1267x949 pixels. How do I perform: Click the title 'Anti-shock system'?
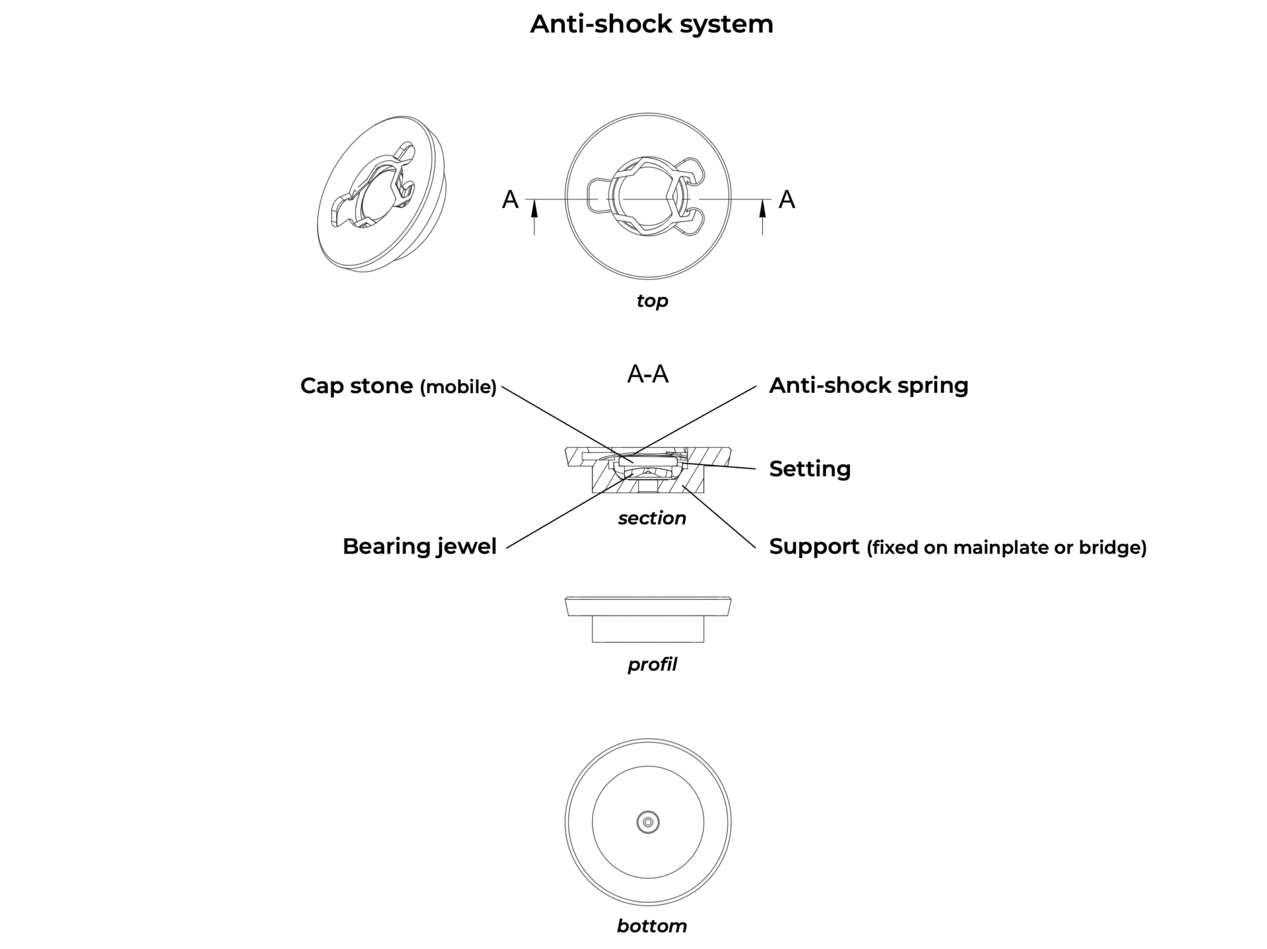click(651, 24)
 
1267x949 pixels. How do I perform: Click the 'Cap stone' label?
click(356, 386)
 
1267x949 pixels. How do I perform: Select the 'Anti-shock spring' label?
click(868, 385)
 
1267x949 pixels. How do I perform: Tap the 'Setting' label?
click(810, 469)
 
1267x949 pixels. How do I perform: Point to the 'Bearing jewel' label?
click(419, 546)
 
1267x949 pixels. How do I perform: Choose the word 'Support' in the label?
click(814, 547)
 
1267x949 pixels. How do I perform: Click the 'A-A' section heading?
click(647, 374)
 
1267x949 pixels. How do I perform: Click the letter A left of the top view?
click(510, 199)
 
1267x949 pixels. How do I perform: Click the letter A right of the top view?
click(787, 199)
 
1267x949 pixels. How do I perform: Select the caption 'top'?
click(652, 301)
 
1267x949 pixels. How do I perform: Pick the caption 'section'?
click(652, 518)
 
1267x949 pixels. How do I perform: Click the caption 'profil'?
click(652, 664)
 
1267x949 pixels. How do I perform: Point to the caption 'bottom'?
click(652, 926)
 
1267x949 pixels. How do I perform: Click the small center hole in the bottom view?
click(648, 822)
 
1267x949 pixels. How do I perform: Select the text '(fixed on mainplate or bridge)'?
click(1006, 547)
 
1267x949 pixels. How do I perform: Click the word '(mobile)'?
click(458, 387)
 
